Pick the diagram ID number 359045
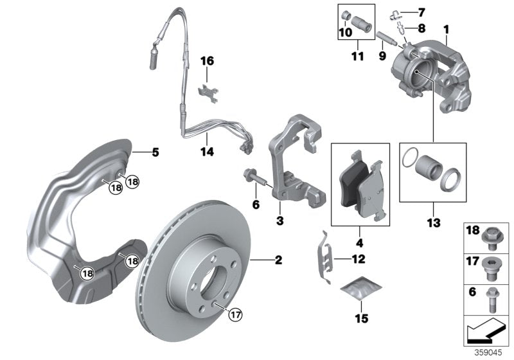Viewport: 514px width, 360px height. point(490,353)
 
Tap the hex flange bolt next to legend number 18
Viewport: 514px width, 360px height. point(492,236)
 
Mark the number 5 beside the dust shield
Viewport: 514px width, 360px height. point(155,153)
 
